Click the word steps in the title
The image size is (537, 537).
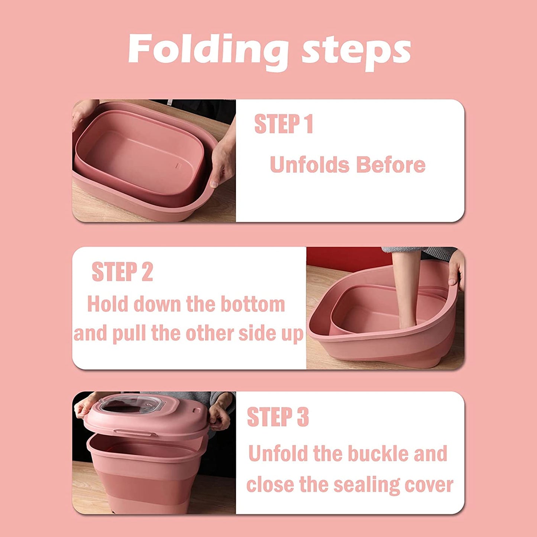coord(356,52)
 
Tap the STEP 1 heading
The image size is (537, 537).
coord(284,124)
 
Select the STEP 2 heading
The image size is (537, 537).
coord(122,271)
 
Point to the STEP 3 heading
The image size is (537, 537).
coord(278,417)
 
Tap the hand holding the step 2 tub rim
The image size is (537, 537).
coord(457,269)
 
